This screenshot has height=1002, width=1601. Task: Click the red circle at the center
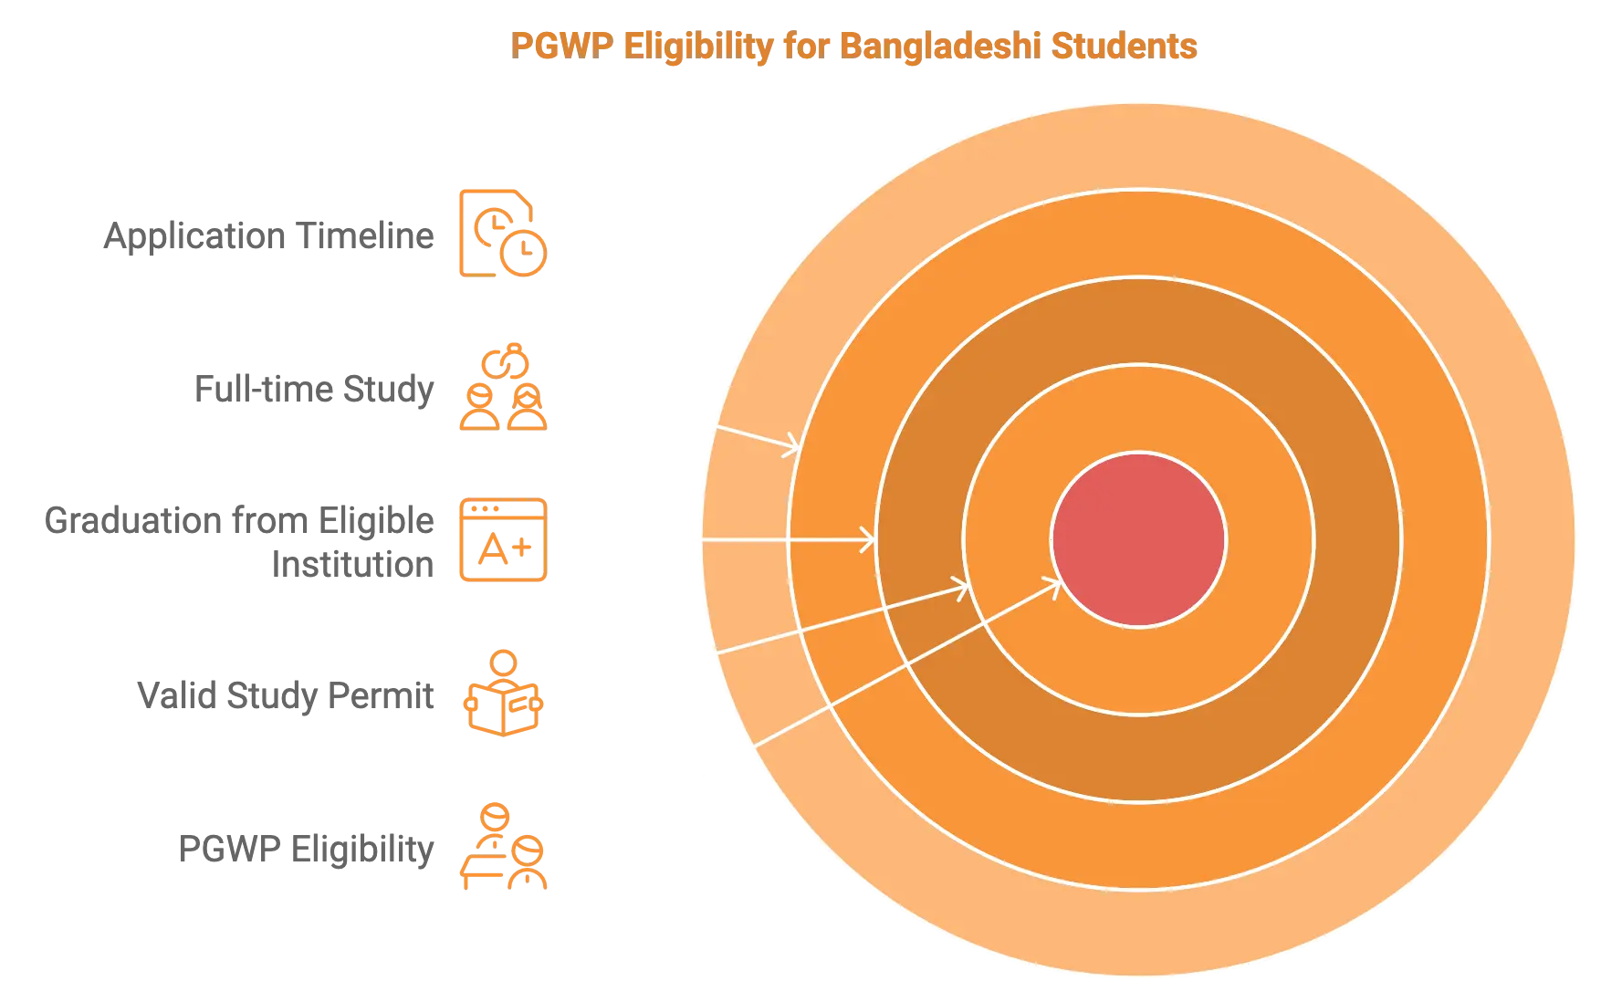click(x=1138, y=539)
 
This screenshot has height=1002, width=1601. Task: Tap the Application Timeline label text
click(x=270, y=236)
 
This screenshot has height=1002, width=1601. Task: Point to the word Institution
click(x=354, y=564)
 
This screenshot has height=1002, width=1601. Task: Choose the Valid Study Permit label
click(x=286, y=697)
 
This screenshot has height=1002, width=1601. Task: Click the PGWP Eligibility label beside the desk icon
click(x=305, y=849)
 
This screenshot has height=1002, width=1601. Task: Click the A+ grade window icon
click(x=501, y=540)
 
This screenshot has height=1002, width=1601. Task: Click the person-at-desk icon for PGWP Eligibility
click(x=501, y=847)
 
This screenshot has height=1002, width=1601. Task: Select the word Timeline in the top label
click(x=365, y=236)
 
